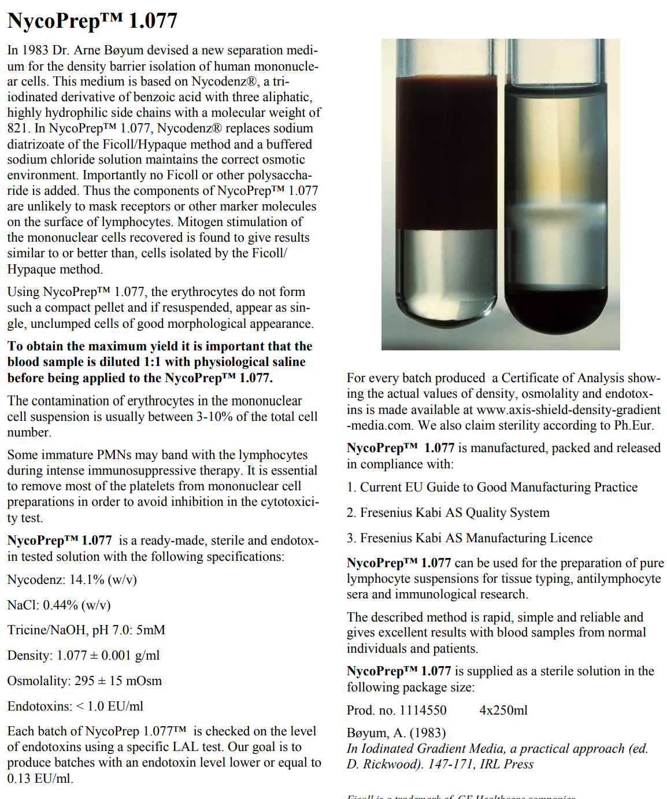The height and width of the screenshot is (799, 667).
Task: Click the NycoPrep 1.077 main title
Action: pos(92,21)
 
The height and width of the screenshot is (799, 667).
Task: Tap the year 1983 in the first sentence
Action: pos(35,50)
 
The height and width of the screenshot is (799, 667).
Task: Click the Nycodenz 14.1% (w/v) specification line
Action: pos(72,580)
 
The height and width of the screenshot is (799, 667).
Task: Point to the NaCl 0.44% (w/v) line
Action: pos(58,605)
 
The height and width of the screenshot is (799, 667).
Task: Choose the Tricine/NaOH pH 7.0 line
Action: pos(86,630)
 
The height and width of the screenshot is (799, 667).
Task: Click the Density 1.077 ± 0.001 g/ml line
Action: pos(83,656)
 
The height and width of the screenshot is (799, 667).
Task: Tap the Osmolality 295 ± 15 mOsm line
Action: pos(84,681)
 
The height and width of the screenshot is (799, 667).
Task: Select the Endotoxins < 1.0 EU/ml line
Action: pos(75,706)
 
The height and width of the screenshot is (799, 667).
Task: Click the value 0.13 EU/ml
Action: pos(40,779)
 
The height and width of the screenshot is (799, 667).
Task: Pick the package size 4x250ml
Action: pos(503,711)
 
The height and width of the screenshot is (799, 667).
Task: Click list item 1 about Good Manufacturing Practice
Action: pos(492,487)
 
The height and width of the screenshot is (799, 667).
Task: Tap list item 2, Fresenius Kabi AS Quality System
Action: pos(448,513)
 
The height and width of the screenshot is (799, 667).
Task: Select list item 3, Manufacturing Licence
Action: pos(469,538)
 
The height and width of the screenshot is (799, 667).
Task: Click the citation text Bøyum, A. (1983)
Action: pos(396,733)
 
